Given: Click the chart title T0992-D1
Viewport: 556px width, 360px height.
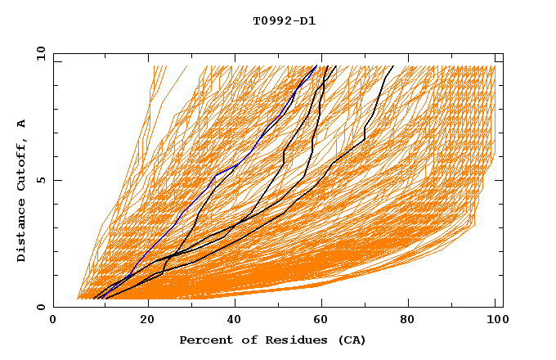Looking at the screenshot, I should [284, 20].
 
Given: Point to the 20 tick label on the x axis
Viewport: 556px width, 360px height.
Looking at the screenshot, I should [148, 321].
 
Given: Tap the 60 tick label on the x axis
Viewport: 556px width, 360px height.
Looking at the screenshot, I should [325, 321].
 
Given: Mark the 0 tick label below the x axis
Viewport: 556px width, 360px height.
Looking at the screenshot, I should [53, 321].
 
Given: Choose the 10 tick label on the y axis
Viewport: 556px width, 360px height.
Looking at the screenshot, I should [40, 53].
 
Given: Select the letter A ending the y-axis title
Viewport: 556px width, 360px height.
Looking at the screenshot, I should [21, 124].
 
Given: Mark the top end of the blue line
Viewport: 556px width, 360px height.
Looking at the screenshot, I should [316, 65].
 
